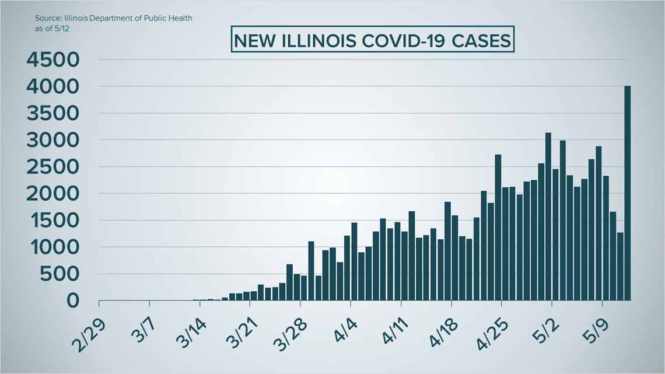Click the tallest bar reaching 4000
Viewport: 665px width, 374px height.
tap(628, 193)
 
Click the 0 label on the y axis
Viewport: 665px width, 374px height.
tap(73, 300)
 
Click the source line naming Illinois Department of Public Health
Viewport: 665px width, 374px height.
tap(113, 18)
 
